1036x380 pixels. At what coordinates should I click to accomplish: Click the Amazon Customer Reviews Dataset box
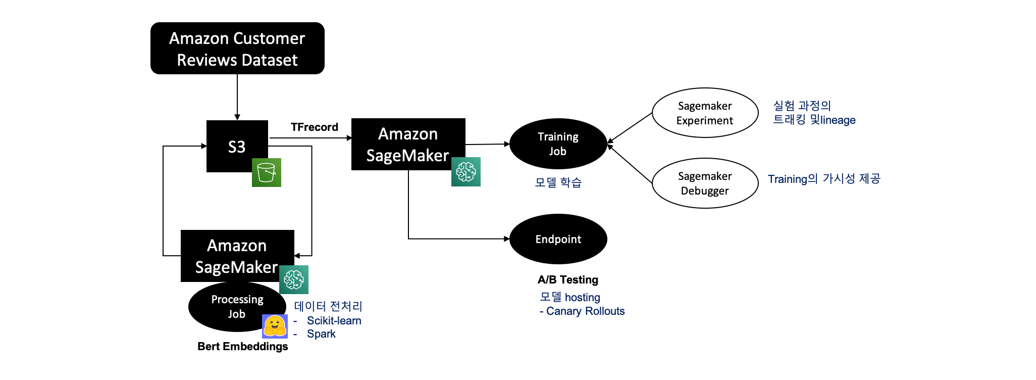[x=237, y=49]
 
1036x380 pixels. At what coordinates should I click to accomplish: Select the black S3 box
[x=237, y=146]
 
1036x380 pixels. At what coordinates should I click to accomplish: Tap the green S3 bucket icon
[x=267, y=172]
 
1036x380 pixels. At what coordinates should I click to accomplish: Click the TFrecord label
[x=315, y=127]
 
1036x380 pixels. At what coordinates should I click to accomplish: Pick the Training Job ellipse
[x=558, y=144]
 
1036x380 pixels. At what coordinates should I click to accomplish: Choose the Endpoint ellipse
[x=558, y=239]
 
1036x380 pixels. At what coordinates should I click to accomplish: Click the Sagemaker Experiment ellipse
[x=705, y=113]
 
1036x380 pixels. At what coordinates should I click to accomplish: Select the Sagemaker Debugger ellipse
[x=705, y=183]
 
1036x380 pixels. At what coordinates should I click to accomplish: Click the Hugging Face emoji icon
[x=275, y=326]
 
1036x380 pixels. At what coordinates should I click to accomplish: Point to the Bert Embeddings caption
[x=243, y=346]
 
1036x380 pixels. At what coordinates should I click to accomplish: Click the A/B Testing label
[x=568, y=279]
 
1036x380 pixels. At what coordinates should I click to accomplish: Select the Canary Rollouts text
[x=586, y=311]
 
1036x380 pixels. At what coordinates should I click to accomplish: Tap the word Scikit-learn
[x=334, y=320]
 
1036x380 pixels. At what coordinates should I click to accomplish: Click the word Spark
[x=321, y=334]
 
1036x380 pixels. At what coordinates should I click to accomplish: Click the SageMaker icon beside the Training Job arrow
[x=466, y=172]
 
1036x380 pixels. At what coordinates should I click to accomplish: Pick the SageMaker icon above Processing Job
[x=294, y=279]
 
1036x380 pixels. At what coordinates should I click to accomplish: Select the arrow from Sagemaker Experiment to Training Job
[x=630, y=128]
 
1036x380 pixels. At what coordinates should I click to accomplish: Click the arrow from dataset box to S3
[x=237, y=97]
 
